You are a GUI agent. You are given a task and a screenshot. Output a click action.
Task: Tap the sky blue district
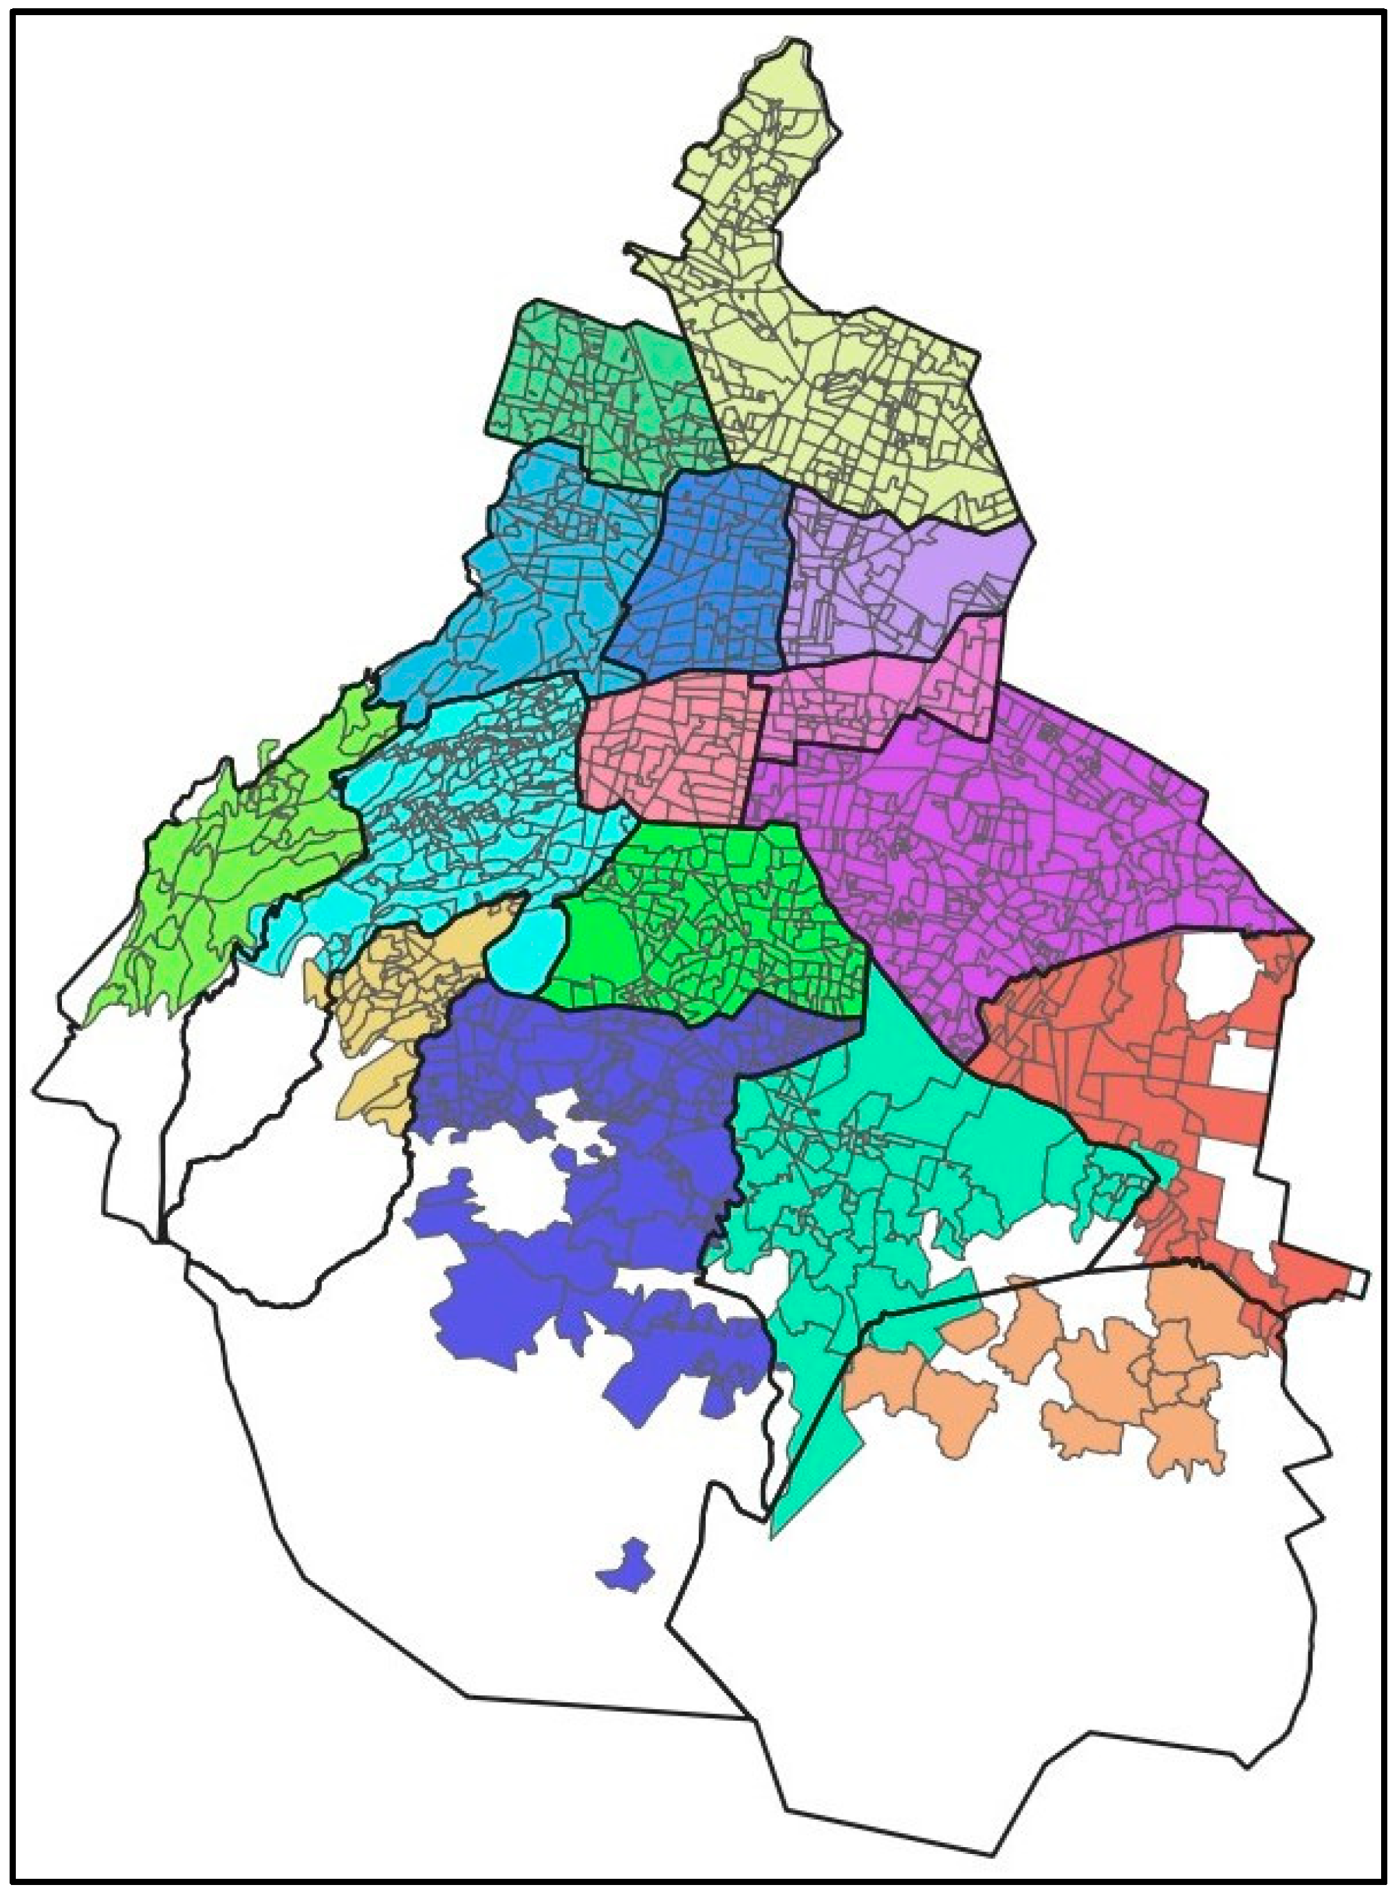point(542,576)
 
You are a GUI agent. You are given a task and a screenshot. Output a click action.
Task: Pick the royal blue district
point(711,576)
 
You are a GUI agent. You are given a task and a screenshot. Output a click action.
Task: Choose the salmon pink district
point(669,745)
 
